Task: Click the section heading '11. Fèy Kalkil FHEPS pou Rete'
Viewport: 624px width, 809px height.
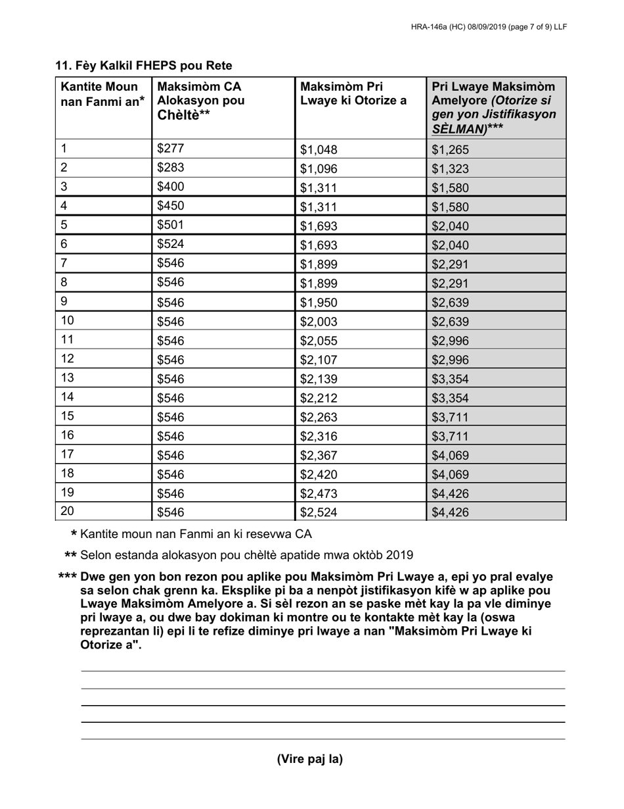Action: pos(143,66)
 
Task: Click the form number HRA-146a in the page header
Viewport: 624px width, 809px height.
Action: pos(431,27)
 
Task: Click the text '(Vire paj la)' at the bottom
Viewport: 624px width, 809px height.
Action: pos(310,759)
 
